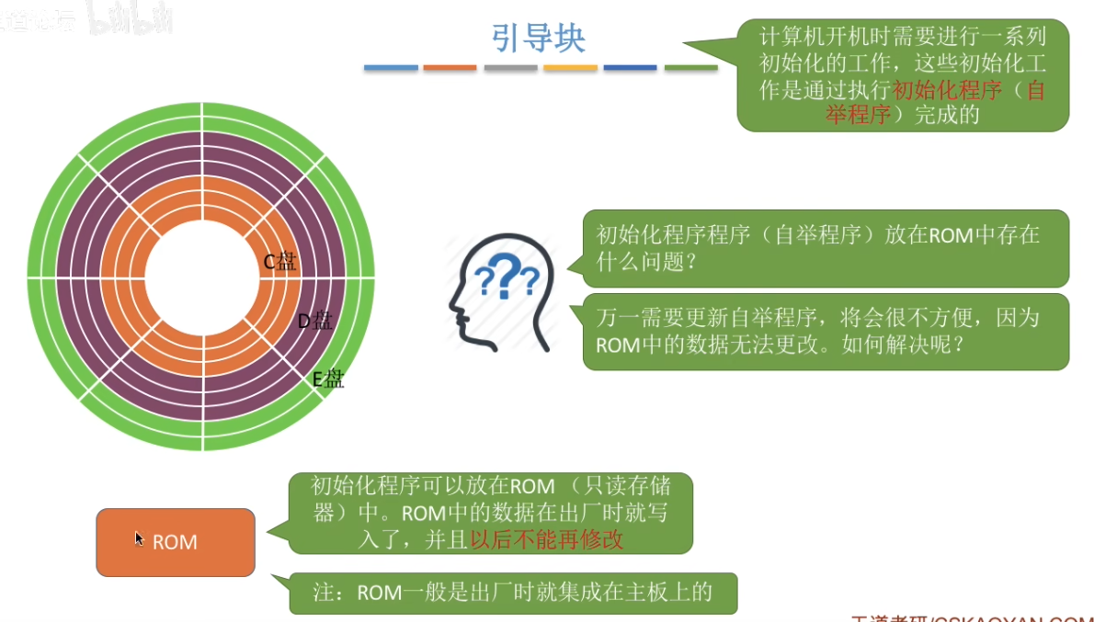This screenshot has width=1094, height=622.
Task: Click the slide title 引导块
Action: point(539,39)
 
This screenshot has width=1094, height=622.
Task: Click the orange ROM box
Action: point(176,542)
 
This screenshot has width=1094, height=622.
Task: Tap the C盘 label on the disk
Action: point(280,262)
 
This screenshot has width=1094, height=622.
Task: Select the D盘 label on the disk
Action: point(314,321)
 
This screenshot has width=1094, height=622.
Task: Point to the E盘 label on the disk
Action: point(328,379)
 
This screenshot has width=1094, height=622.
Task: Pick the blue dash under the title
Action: point(391,67)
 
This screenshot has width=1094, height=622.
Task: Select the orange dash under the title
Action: point(450,67)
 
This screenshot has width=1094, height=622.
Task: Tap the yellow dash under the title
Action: point(570,67)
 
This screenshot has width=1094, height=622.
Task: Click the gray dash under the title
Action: point(510,67)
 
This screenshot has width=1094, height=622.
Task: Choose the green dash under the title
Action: point(690,67)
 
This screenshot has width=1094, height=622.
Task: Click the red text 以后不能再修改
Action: point(547,540)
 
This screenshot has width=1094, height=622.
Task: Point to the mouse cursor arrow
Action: point(139,537)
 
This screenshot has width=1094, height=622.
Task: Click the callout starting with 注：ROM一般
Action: point(513,593)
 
